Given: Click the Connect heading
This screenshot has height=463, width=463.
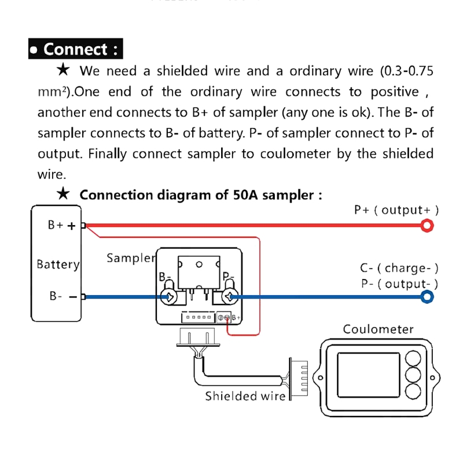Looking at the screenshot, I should tap(76, 49).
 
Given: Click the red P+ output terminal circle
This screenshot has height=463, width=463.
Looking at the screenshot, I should tap(427, 225).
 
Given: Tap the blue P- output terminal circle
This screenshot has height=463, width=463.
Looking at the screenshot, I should tap(427, 297).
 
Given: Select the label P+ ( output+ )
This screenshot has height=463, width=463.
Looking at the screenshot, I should tap(396, 210).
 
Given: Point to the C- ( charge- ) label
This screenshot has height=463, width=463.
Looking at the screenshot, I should tap(399, 268).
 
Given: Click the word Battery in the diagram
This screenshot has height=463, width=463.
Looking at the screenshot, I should tap(58, 264).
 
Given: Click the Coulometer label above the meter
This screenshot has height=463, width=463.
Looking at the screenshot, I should tap(378, 329).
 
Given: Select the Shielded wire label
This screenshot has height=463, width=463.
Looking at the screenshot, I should tap(245, 396).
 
